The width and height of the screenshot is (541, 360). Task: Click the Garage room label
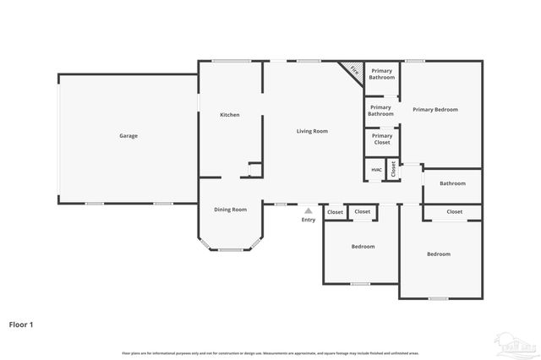(x=128, y=136)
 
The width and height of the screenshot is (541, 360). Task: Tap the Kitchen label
(x=230, y=115)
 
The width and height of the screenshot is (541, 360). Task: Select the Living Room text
(x=312, y=131)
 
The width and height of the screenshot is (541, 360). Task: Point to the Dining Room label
(x=230, y=210)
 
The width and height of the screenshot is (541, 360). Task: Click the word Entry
(x=309, y=221)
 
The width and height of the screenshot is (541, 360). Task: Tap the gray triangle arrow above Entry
(x=309, y=211)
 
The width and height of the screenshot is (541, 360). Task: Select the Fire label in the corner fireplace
(x=354, y=72)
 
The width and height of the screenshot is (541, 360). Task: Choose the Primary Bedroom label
(x=434, y=110)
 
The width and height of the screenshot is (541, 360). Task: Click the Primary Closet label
(x=382, y=139)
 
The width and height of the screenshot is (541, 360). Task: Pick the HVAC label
(x=376, y=170)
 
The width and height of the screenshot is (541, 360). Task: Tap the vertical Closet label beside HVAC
(x=393, y=169)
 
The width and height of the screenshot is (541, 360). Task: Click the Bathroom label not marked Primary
(x=452, y=183)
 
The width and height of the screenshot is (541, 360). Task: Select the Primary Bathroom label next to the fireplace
(x=381, y=74)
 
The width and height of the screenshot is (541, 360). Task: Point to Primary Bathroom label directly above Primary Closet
(x=380, y=111)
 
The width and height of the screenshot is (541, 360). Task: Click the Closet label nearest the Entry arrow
(x=336, y=212)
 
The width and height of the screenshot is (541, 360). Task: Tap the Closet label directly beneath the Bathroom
(x=455, y=212)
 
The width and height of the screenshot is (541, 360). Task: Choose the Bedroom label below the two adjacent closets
(x=363, y=247)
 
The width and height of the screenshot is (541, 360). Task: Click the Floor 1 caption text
(x=21, y=324)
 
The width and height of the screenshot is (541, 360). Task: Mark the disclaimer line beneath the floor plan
(x=270, y=352)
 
